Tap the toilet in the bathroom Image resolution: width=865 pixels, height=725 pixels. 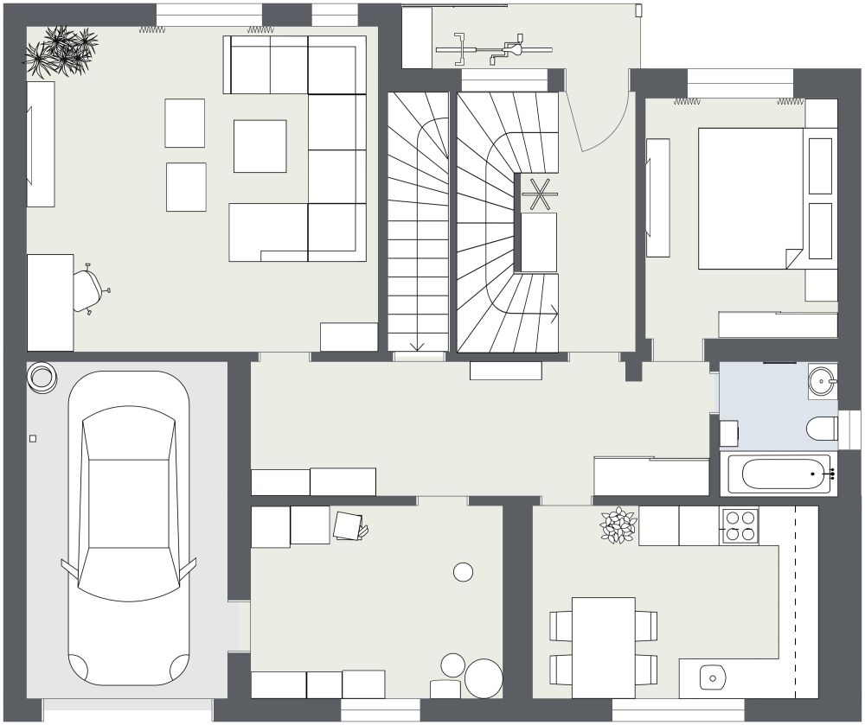click(x=821, y=428)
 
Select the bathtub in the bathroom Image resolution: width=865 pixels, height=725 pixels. click(x=779, y=474)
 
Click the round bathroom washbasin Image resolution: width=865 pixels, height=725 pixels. click(x=823, y=378)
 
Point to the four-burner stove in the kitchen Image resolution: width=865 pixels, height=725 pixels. click(x=740, y=525)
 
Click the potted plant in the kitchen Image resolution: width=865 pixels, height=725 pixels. click(x=618, y=525)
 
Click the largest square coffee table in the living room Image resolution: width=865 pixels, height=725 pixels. click(x=259, y=146)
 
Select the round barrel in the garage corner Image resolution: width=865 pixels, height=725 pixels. click(x=41, y=377)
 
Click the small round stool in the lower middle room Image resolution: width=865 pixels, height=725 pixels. click(x=464, y=571)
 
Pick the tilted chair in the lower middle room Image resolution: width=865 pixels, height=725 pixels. click(x=349, y=526)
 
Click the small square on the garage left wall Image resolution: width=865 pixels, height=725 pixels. click(x=33, y=439)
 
